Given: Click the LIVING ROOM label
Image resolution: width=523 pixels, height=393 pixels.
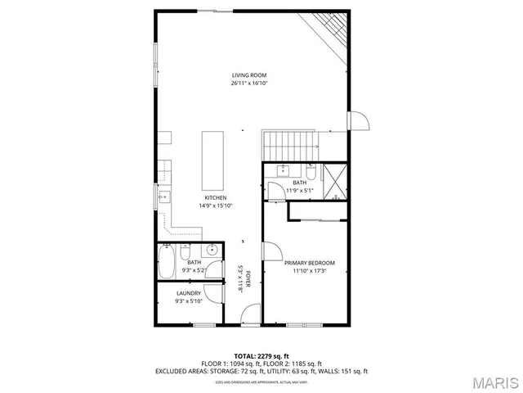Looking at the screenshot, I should (249, 75).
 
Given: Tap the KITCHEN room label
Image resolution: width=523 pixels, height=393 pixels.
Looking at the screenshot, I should (216, 198).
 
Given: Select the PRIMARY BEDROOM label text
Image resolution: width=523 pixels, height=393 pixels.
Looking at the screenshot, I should (310, 263).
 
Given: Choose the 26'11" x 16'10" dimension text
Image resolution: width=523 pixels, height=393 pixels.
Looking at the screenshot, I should (249, 84).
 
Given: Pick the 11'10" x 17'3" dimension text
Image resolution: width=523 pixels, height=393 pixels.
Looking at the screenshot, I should (310, 271).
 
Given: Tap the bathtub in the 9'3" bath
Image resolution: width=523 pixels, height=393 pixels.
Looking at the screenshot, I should (166, 263).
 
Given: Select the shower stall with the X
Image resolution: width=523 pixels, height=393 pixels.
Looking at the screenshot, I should (335, 183).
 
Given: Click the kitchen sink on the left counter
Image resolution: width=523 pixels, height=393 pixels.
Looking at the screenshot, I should (163, 196).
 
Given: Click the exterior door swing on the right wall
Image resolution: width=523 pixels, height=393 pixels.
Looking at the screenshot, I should (359, 120).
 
